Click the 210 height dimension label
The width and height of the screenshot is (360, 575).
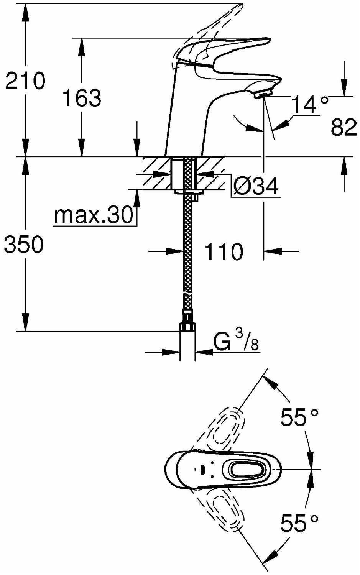point(25,80)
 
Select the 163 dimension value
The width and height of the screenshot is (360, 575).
point(82,98)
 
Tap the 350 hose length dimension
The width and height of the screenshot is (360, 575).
point(24,245)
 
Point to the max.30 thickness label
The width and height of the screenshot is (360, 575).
point(94,215)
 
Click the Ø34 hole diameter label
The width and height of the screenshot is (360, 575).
point(256,187)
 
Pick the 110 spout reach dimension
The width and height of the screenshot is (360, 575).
point(224,252)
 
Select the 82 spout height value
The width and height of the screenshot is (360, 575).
point(344,127)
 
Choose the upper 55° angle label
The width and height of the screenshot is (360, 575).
point(299,417)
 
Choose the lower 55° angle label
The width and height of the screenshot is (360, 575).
point(299,523)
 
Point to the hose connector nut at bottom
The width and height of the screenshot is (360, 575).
point(187,327)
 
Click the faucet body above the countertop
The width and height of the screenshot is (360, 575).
point(188,115)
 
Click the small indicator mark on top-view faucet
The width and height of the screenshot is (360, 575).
point(202,469)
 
